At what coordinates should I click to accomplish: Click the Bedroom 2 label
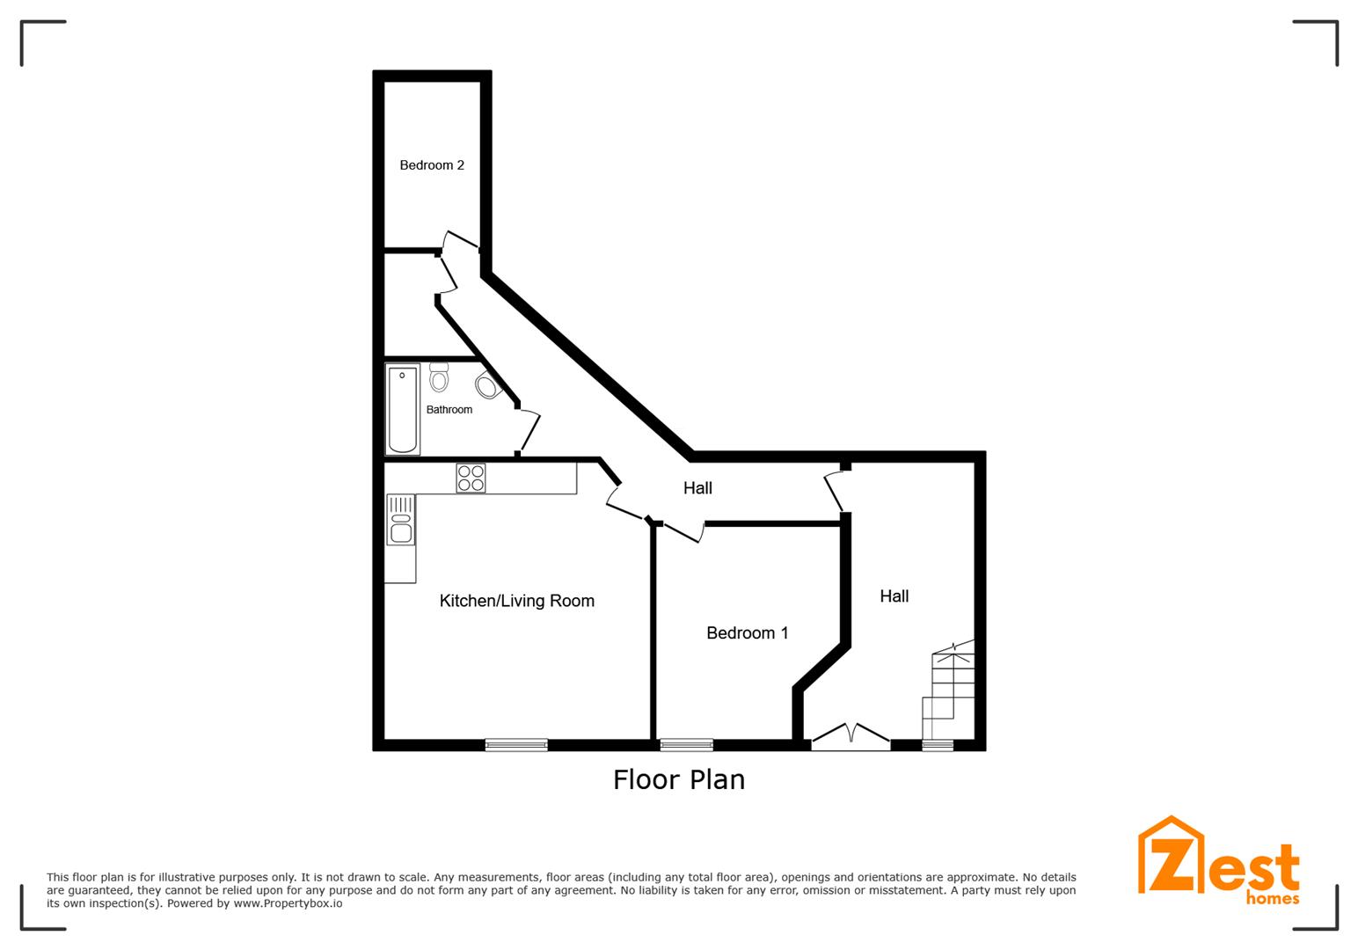coord(432,164)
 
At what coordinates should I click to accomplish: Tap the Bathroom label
coord(449,410)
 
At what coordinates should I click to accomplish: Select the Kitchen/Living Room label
coord(516,601)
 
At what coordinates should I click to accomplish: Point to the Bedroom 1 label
coord(748,633)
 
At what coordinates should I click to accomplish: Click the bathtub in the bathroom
coord(403,409)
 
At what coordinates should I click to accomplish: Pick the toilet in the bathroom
coord(438,377)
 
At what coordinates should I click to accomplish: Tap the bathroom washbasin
coord(488,385)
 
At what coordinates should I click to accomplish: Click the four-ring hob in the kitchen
coord(471,478)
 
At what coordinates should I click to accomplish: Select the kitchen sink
coord(401,520)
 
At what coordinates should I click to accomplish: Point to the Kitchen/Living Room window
coord(516,745)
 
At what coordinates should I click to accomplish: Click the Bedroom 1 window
coord(686,745)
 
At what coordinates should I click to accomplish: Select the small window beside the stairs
coord(938,745)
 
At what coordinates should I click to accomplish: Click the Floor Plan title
coord(679,779)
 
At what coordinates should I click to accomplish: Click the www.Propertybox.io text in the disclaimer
coord(288,903)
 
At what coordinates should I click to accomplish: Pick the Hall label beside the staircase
coord(894,596)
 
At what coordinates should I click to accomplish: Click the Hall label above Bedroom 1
coord(697,488)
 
